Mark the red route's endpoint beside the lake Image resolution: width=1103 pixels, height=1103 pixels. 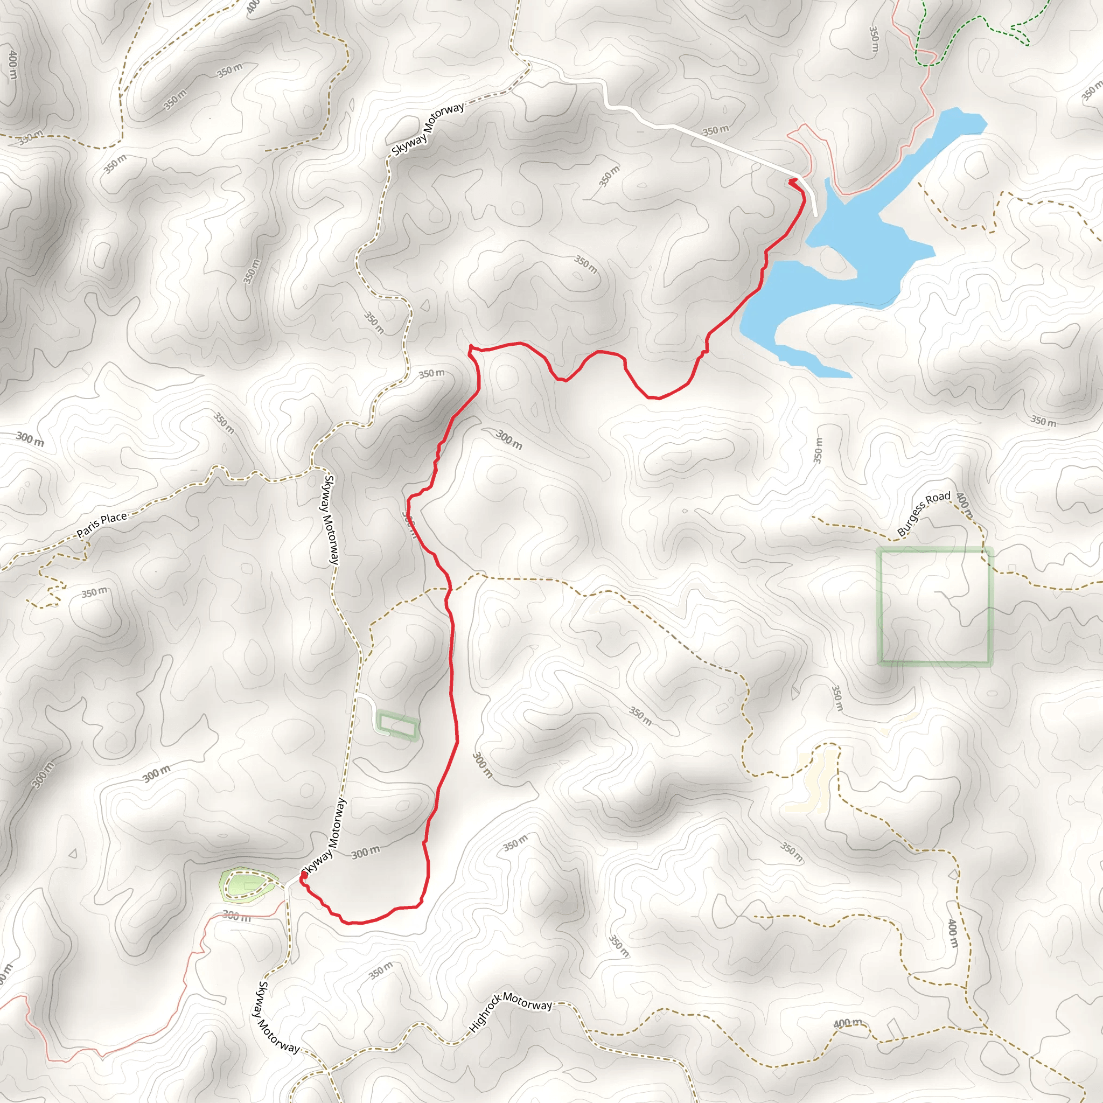(792, 181)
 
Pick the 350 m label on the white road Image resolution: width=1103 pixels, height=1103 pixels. (715, 131)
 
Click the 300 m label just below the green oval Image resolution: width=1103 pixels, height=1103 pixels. (236, 916)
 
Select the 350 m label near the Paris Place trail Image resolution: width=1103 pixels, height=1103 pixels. (94, 592)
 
